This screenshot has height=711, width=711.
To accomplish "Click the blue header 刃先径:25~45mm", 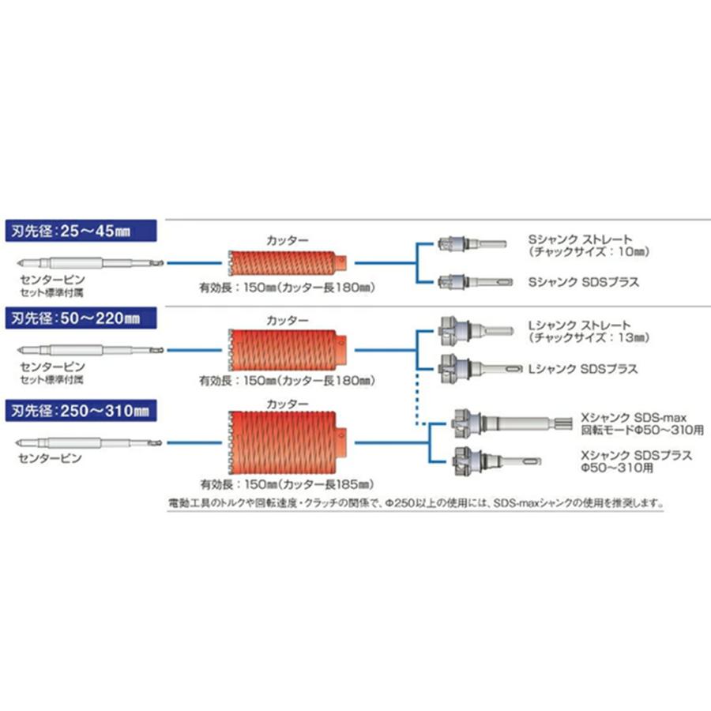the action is pos(81,231).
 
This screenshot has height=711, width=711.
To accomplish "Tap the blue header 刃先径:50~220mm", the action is pos(81,318).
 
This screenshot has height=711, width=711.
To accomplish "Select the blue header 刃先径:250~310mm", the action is pos(81,410).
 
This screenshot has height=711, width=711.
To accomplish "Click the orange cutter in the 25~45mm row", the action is pos(287,262).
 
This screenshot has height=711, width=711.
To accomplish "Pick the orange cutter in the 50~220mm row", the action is pos(287,350).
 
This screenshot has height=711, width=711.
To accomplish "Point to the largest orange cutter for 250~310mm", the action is pos(287,442).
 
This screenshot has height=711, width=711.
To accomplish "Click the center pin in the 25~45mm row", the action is pos(90,262).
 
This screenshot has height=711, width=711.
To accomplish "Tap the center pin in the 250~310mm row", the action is pos(88,442).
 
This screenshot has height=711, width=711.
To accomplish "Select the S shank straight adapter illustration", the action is pos(472,243).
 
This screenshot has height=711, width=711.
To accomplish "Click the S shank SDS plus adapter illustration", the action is pos(476,281).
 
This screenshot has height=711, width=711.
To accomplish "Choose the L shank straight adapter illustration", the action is pos(476,330).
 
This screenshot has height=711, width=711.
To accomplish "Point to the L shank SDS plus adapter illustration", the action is pos(480,369).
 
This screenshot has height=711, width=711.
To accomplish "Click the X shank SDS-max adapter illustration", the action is pos(512,424).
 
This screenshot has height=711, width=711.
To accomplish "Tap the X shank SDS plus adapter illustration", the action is pos(497,461).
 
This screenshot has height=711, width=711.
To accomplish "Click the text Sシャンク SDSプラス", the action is pos(584,281).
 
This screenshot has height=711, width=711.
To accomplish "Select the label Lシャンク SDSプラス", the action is pos(583,369).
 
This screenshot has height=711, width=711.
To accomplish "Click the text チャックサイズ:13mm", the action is pos(589,337).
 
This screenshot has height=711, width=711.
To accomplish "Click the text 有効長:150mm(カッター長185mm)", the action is pos(287,484).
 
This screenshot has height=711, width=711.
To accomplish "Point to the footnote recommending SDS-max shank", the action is pos(416,503).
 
